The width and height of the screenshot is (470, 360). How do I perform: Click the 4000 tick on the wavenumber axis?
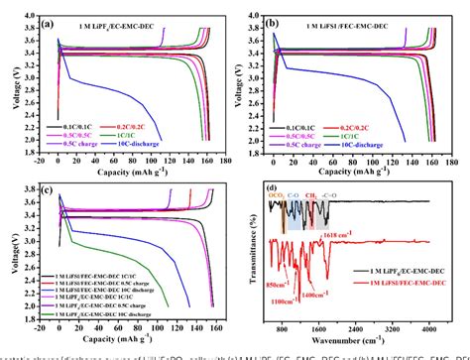click(427, 326)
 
